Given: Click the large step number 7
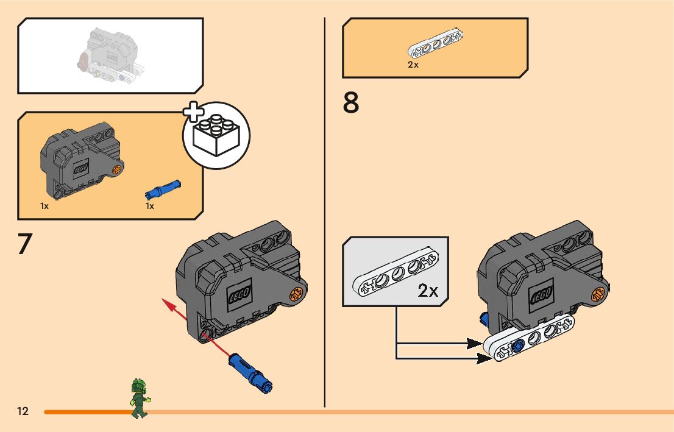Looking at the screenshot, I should pos(24,244).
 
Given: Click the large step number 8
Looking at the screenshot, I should pos(351,104).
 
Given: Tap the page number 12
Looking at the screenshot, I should pos(23,411).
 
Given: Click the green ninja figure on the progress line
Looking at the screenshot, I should pos(140,398).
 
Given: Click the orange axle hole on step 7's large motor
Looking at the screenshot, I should pos(297,294).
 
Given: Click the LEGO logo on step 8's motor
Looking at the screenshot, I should pos(541,296).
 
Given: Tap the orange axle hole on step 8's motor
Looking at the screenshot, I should pos(599,294).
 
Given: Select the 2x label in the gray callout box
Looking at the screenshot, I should pos(428,291).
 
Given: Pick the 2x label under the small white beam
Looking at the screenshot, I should pos(413,65).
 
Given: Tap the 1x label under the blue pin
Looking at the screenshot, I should pos(150,206).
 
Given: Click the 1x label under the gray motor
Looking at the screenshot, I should pos(44,206).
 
